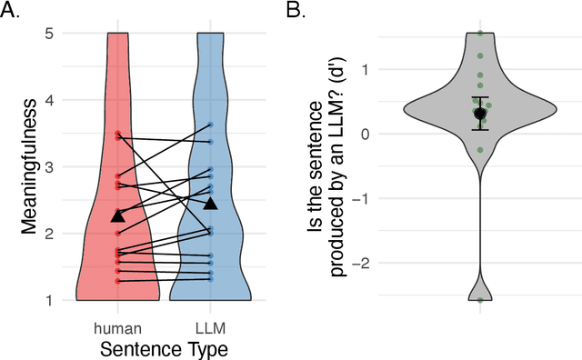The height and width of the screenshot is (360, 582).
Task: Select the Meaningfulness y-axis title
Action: point(29,167)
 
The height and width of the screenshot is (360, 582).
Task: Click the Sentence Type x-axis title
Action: point(164,348)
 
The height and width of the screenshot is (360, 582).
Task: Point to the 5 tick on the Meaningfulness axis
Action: point(55,34)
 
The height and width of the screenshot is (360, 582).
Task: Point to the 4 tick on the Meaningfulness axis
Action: point(55,100)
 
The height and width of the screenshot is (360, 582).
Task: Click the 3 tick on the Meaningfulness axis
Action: point(55,167)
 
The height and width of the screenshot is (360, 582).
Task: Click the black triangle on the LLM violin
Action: point(210,204)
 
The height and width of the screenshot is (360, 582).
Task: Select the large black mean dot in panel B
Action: point(480,114)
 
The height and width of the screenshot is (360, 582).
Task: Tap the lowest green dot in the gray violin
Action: point(480,299)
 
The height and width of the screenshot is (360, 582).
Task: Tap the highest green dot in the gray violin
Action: point(480,34)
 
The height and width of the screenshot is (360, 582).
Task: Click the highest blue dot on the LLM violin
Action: point(210,125)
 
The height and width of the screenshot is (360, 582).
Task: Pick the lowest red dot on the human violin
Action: point(117,282)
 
